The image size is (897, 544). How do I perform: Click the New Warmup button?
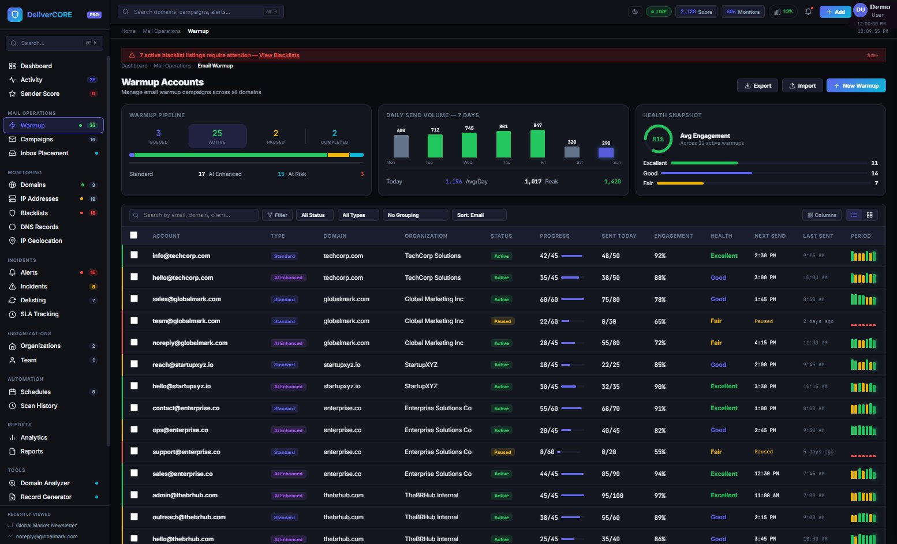coord(855,85)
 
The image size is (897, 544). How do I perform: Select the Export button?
coord(757,85)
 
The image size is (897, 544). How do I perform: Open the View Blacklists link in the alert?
coord(279,55)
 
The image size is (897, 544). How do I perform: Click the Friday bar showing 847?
coord(537,144)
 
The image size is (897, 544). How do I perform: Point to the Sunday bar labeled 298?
coord(606,152)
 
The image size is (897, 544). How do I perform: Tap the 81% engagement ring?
coord(657,139)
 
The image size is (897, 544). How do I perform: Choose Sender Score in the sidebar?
coord(40,93)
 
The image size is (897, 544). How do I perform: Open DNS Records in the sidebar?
coord(39,227)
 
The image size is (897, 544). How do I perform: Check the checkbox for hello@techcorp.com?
coord(134,277)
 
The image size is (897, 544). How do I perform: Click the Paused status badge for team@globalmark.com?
coord(502,321)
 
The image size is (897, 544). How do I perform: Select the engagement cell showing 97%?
coord(660,496)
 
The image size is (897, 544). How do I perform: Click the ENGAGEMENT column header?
coord(673,236)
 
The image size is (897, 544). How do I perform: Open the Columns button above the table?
coord(821,215)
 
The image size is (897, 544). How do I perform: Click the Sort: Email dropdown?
coord(479,215)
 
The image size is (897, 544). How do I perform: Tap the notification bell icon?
coord(808,12)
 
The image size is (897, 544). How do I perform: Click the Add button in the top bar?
coord(835,12)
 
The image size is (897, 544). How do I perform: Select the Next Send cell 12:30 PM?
coord(766,474)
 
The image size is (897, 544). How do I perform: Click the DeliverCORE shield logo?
coord(15,14)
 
